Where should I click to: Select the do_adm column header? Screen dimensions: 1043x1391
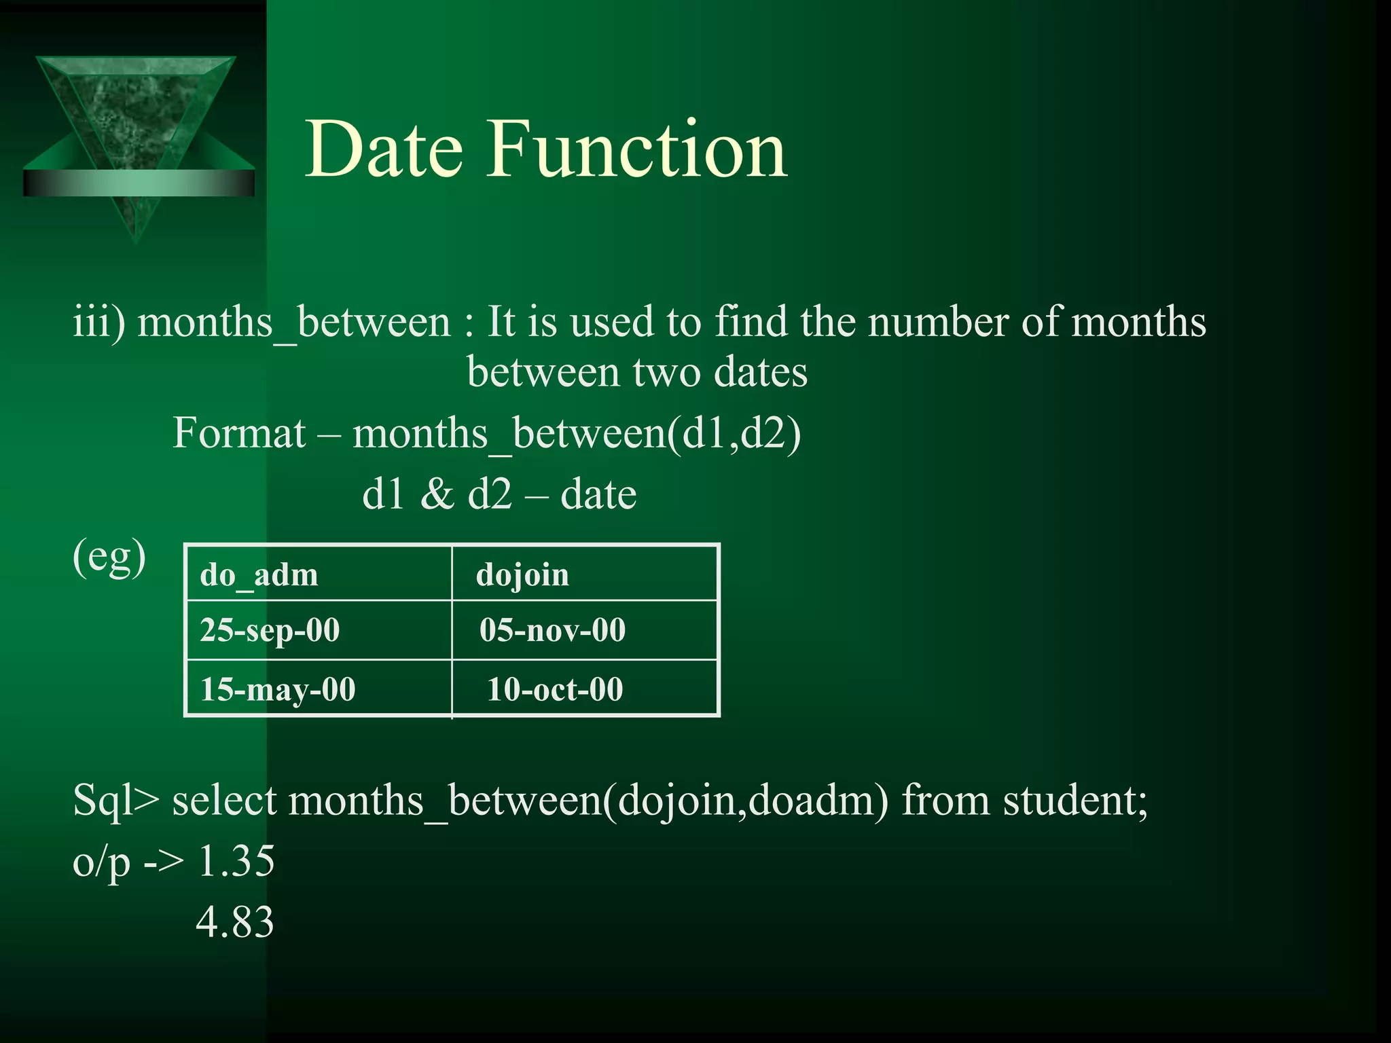pos(259,575)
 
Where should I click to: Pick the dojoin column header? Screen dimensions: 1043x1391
pos(522,575)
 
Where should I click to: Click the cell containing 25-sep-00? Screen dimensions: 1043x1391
pos(270,630)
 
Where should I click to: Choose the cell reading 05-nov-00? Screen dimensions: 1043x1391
pos(552,630)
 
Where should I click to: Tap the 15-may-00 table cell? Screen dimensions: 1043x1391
pos(278,689)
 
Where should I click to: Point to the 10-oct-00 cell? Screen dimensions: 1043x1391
pos(555,689)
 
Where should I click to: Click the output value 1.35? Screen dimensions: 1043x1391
pos(236,862)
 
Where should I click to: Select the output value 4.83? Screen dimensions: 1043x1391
pos(235,922)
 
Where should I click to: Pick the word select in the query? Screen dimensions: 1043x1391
pos(224,801)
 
